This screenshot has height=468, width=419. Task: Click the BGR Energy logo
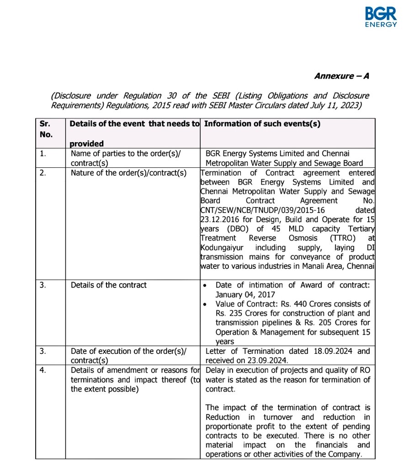[x=381, y=17]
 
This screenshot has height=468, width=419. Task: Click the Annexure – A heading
[x=341, y=76]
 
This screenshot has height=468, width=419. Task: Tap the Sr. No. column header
[x=46, y=129]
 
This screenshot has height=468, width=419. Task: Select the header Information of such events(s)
[x=262, y=124]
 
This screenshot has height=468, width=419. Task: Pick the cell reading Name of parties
[x=126, y=158]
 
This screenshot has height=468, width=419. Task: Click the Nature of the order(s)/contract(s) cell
[x=128, y=173]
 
